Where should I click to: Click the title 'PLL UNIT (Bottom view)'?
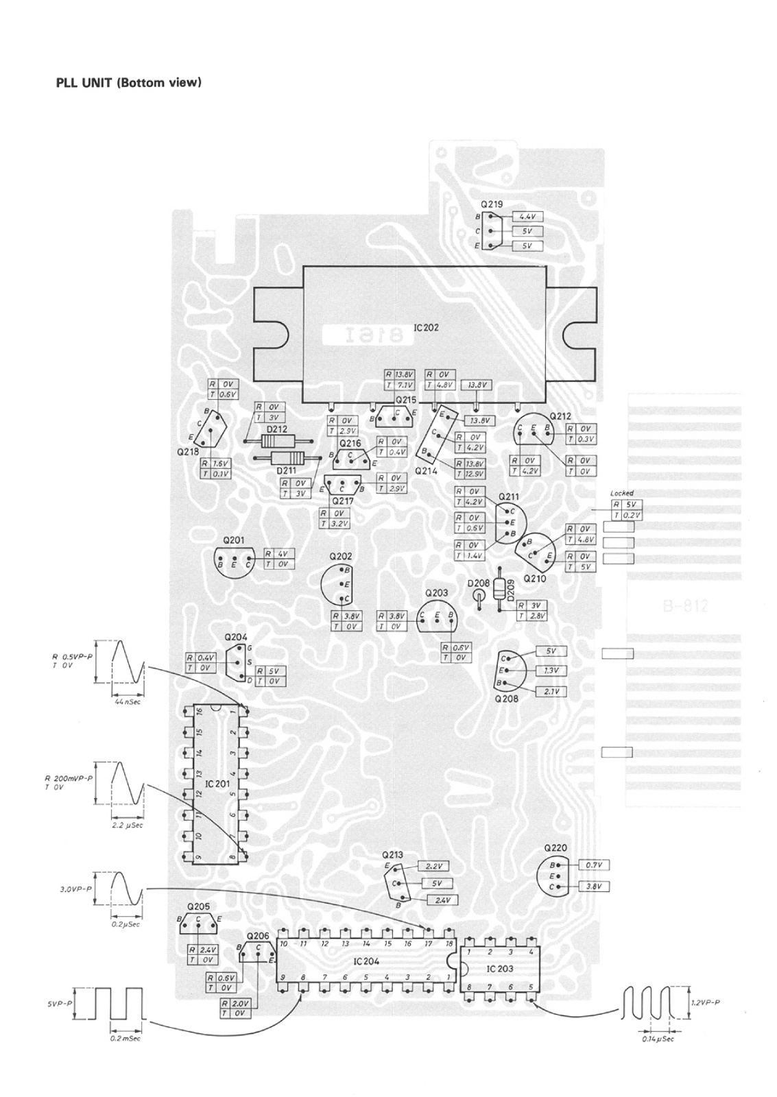click(x=128, y=83)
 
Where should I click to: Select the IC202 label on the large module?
click(x=426, y=328)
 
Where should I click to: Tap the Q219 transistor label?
click(x=492, y=204)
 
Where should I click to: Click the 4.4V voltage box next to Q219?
click(x=527, y=217)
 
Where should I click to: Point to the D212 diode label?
click(x=277, y=429)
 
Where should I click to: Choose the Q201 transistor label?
click(x=234, y=540)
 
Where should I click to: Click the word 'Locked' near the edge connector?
click(x=621, y=493)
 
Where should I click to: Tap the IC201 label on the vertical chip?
click(x=217, y=783)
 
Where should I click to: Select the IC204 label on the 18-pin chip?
click(x=366, y=961)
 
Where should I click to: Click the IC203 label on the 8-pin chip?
click(x=499, y=968)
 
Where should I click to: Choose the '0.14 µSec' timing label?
click(x=657, y=1039)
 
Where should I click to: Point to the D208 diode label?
click(x=479, y=583)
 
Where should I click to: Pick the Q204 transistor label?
click(x=235, y=637)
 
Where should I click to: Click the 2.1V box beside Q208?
click(x=551, y=692)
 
